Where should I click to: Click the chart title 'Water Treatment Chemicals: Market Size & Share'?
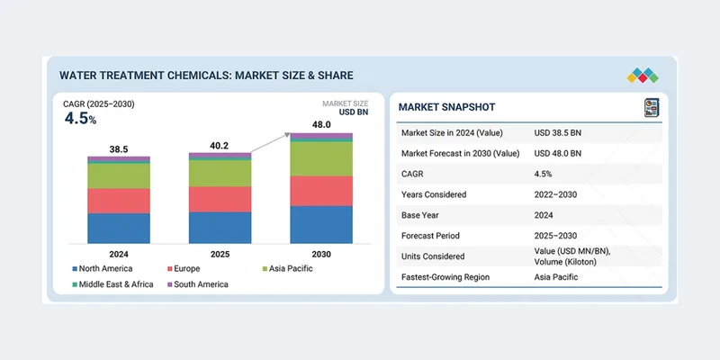pyautogui.click(x=206, y=75)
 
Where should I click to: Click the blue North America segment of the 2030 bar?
pyautogui.click(x=321, y=224)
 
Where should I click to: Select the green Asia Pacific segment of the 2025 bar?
pyautogui.click(x=220, y=173)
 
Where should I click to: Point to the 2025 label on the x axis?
pyautogui.click(x=220, y=254)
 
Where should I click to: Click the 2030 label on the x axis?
pyautogui.click(x=321, y=254)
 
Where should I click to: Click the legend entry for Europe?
pyautogui.click(x=187, y=268)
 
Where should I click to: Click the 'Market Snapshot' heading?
pyautogui.click(x=447, y=107)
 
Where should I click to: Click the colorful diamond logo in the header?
pyautogui.click(x=644, y=75)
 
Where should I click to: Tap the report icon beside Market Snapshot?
pyautogui.click(x=652, y=108)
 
